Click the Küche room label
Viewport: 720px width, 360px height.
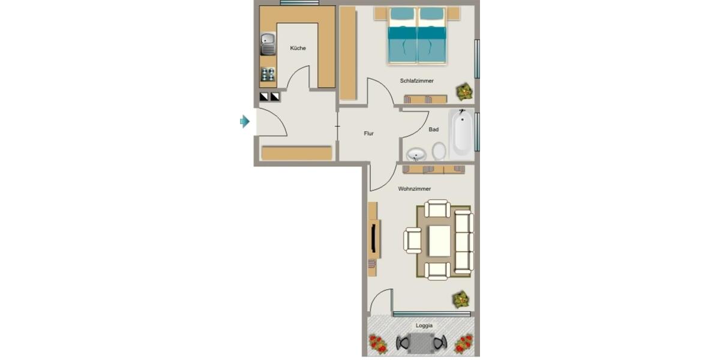[298, 48]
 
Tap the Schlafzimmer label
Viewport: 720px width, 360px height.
[416, 80]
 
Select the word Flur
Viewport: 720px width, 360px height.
[368, 133]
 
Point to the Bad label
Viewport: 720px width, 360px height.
[433, 130]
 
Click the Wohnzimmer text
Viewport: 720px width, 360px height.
[414, 188]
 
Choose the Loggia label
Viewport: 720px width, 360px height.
[424, 326]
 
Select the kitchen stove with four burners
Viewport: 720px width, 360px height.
[268, 75]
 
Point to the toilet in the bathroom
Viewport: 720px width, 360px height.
[439, 151]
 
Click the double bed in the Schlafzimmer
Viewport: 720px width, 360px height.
[417, 36]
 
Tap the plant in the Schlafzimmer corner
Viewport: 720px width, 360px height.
[464, 91]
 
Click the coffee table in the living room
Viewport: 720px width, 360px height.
[439, 240]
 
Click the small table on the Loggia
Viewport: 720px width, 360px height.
[422, 343]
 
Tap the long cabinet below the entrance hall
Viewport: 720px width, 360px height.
[297, 153]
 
